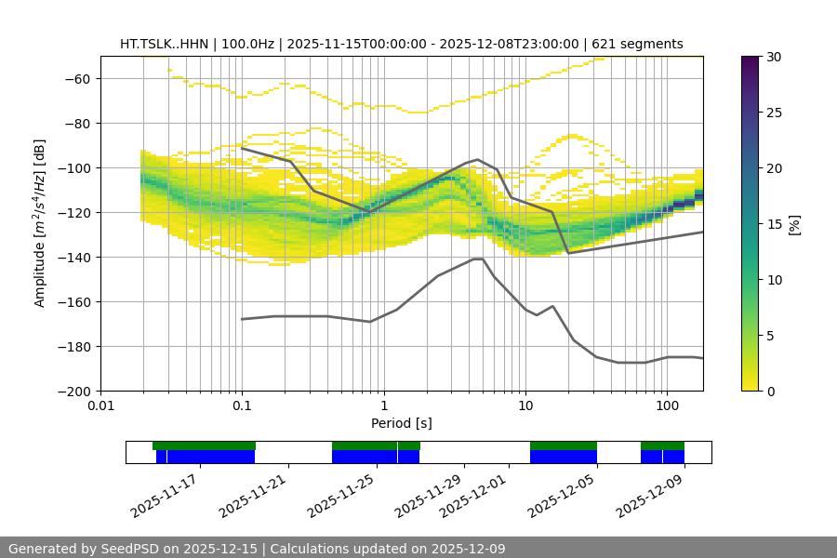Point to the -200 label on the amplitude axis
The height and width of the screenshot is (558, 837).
pos(75,391)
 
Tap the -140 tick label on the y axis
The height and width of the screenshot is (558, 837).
pos(75,257)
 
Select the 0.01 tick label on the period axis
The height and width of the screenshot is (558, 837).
pos(100,406)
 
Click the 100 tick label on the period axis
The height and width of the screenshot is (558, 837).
pos(666,406)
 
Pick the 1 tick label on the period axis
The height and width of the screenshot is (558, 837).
pos(383,406)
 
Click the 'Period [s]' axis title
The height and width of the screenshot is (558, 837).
pos(401,423)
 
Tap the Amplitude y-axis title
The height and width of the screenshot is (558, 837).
pos(40,223)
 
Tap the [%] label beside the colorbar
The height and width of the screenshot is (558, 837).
pos(794,224)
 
